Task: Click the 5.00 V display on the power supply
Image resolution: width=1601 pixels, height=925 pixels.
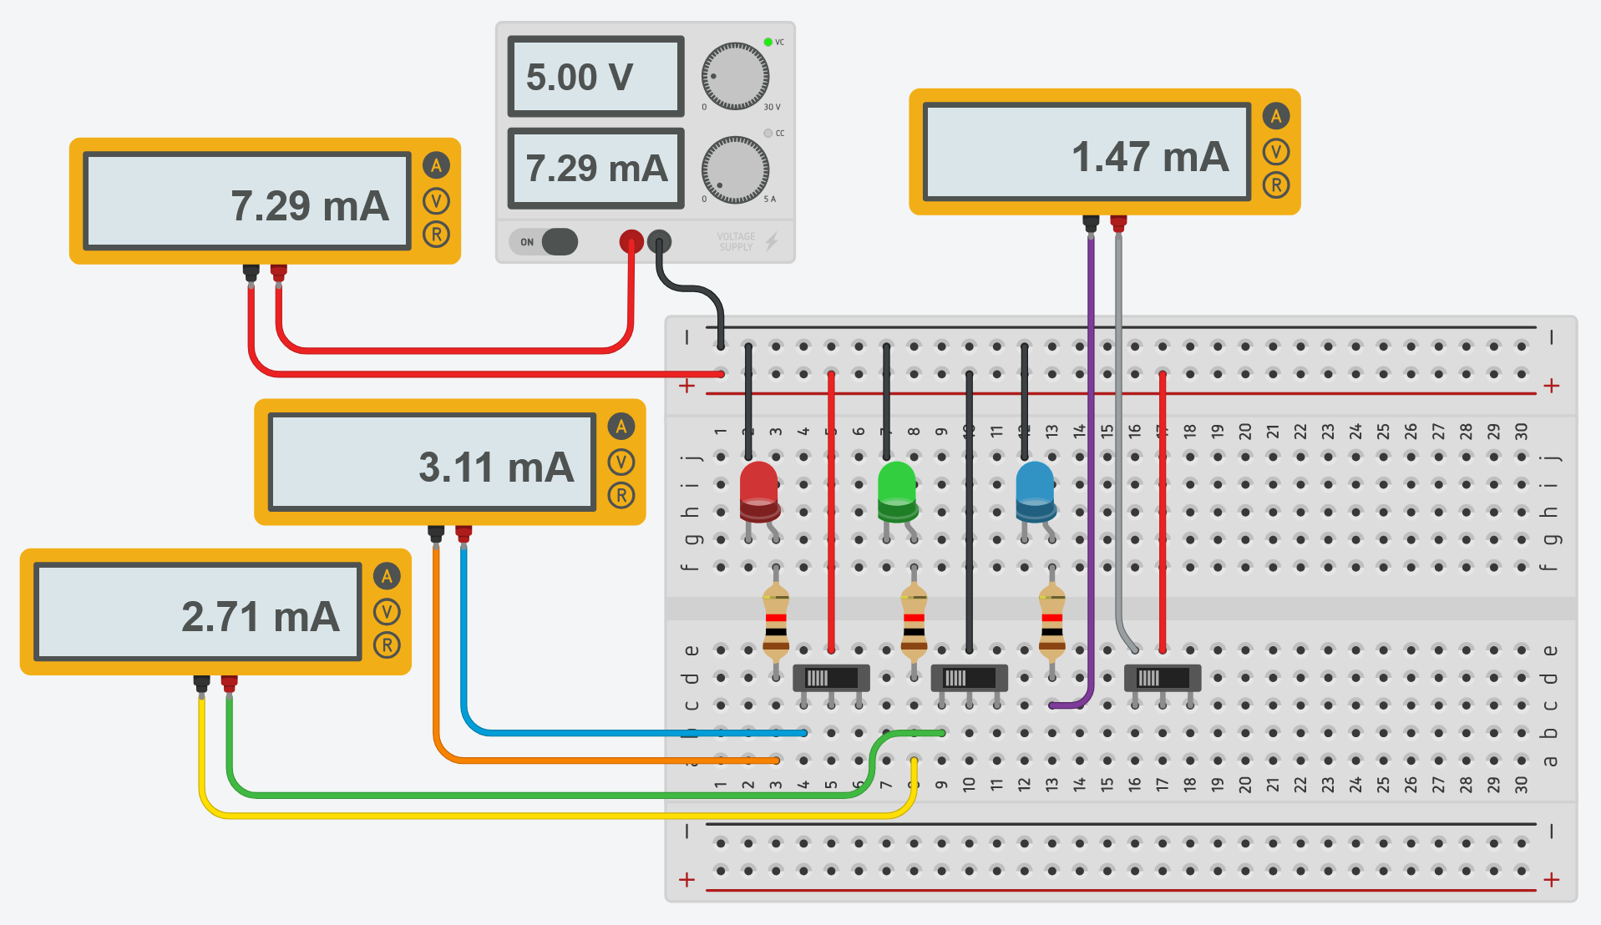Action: (595, 77)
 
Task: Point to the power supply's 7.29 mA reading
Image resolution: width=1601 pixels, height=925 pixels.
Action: (595, 169)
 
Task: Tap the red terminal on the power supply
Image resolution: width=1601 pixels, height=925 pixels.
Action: (631, 242)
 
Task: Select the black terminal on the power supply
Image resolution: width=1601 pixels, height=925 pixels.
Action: (659, 242)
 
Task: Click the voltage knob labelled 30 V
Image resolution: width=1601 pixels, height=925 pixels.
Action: (735, 77)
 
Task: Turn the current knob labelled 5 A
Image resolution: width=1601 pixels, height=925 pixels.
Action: (735, 170)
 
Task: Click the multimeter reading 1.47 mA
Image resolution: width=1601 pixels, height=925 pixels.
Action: (1086, 154)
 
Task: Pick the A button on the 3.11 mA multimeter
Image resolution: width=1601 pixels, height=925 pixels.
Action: (621, 427)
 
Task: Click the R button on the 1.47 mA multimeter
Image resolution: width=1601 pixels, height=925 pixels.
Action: (1275, 185)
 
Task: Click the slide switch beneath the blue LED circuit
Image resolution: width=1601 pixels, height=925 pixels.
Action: (1163, 677)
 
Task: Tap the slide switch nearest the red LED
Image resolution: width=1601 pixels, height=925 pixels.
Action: (831, 677)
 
